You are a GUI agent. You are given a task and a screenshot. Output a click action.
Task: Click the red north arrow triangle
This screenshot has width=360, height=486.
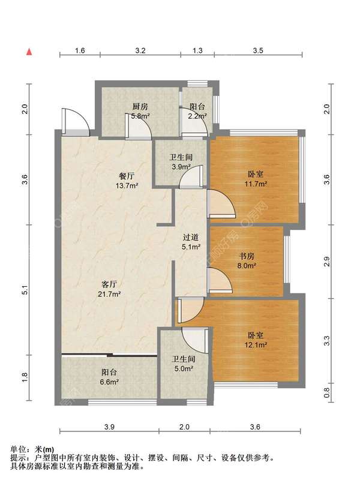(x=29, y=52)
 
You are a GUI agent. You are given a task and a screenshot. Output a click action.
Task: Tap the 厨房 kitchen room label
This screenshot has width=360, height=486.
(x=140, y=107)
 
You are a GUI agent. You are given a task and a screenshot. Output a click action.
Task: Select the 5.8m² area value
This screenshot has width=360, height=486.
(x=140, y=116)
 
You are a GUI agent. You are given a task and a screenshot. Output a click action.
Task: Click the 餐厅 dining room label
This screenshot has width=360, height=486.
(x=127, y=176)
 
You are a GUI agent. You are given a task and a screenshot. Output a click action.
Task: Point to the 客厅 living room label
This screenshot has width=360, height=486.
(x=109, y=284)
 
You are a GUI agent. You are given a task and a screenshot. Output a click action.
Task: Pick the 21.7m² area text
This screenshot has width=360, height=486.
(x=109, y=294)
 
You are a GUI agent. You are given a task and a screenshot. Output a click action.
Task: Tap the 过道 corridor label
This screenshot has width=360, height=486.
(x=190, y=238)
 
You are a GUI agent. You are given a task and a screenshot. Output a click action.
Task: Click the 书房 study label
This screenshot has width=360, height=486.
(x=247, y=256)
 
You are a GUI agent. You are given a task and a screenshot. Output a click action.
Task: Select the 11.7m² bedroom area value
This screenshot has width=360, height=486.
(x=256, y=184)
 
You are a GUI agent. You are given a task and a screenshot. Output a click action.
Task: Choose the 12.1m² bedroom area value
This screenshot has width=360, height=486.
(x=256, y=344)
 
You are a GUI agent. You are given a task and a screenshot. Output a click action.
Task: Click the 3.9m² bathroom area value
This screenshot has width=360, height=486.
(x=181, y=167)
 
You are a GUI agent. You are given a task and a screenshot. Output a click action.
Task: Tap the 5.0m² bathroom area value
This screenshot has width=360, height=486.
(x=184, y=369)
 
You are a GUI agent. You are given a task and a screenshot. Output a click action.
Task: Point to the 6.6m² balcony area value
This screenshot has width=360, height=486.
(x=109, y=382)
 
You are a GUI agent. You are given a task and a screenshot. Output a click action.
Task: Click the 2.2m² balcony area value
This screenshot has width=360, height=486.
(x=197, y=116)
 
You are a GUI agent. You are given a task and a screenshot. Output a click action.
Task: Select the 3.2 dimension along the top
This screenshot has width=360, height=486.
(x=140, y=50)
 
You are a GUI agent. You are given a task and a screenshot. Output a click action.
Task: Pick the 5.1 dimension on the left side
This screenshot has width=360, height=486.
(x=25, y=290)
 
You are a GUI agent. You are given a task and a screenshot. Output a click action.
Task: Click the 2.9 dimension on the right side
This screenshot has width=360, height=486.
(x=326, y=262)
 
